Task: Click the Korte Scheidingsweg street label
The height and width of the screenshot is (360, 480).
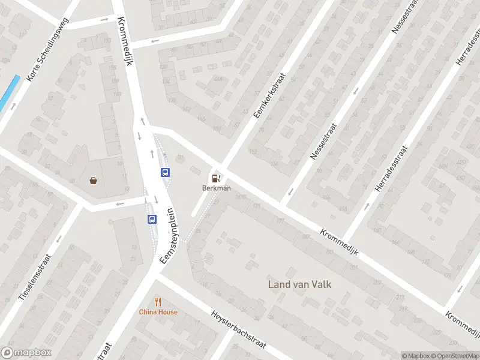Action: [47, 50]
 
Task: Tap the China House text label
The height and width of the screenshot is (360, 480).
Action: [158, 311]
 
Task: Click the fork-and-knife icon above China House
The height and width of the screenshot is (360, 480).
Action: [158, 302]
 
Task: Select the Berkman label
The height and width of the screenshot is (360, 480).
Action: [216, 188]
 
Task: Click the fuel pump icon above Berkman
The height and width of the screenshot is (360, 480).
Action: [216, 178]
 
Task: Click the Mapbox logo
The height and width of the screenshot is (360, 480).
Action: [26, 353]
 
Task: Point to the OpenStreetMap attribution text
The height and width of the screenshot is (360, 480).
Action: [458, 356]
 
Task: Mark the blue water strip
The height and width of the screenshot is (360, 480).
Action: [9, 91]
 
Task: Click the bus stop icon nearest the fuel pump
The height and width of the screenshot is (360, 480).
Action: [166, 172]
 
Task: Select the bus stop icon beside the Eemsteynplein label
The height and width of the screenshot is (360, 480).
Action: [152, 219]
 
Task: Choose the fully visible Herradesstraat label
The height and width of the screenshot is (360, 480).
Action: [391, 169]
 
